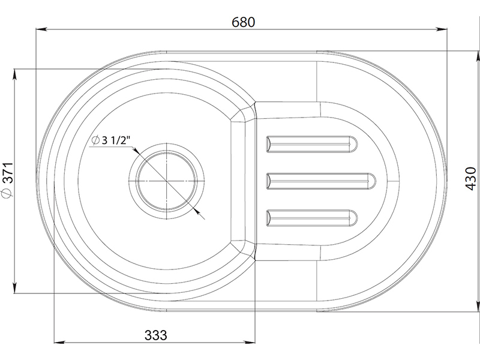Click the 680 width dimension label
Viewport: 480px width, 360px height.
(x=243, y=22)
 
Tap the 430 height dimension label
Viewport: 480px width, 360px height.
(x=471, y=178)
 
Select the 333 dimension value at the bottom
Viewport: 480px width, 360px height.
(x=156, y=335)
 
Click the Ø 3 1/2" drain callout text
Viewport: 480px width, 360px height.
(x=111, y=140)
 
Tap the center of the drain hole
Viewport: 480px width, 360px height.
(x=167, y=181)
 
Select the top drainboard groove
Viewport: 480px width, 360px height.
(x=312, y=144)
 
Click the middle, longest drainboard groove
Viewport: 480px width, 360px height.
(x=321, y=181)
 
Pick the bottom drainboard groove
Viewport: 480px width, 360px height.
(x=312, y=218)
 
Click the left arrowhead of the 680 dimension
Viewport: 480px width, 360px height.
(x=41, y=29)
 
